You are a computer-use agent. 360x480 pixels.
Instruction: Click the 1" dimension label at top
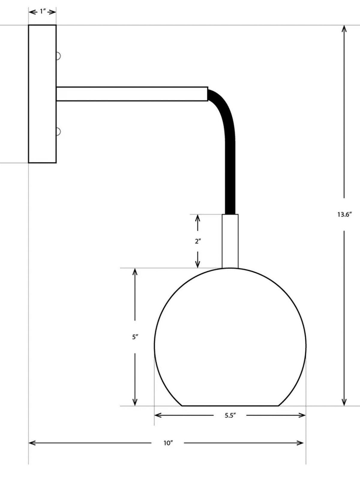[x=42, y=12]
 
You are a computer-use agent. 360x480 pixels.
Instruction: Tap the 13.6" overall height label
[x=344, y=214]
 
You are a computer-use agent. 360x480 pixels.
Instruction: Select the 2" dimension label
[x=197, y=241]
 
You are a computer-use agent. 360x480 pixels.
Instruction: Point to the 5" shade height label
[x=135, y=337]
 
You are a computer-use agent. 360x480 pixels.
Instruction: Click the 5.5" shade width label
[x=230, y=415]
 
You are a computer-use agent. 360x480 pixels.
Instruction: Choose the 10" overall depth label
[x=168, y=443]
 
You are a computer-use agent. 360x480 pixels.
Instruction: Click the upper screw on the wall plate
[x=58, y=56]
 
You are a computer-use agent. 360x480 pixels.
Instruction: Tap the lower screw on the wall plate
[x=58, y=131]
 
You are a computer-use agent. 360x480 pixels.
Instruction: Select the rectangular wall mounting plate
[x=42, y=94]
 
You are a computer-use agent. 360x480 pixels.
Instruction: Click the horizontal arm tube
[x=132, y=94]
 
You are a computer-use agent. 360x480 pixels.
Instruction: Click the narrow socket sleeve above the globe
[x=230, y=241]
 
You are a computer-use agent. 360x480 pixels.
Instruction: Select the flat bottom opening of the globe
[x=230, y=406]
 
